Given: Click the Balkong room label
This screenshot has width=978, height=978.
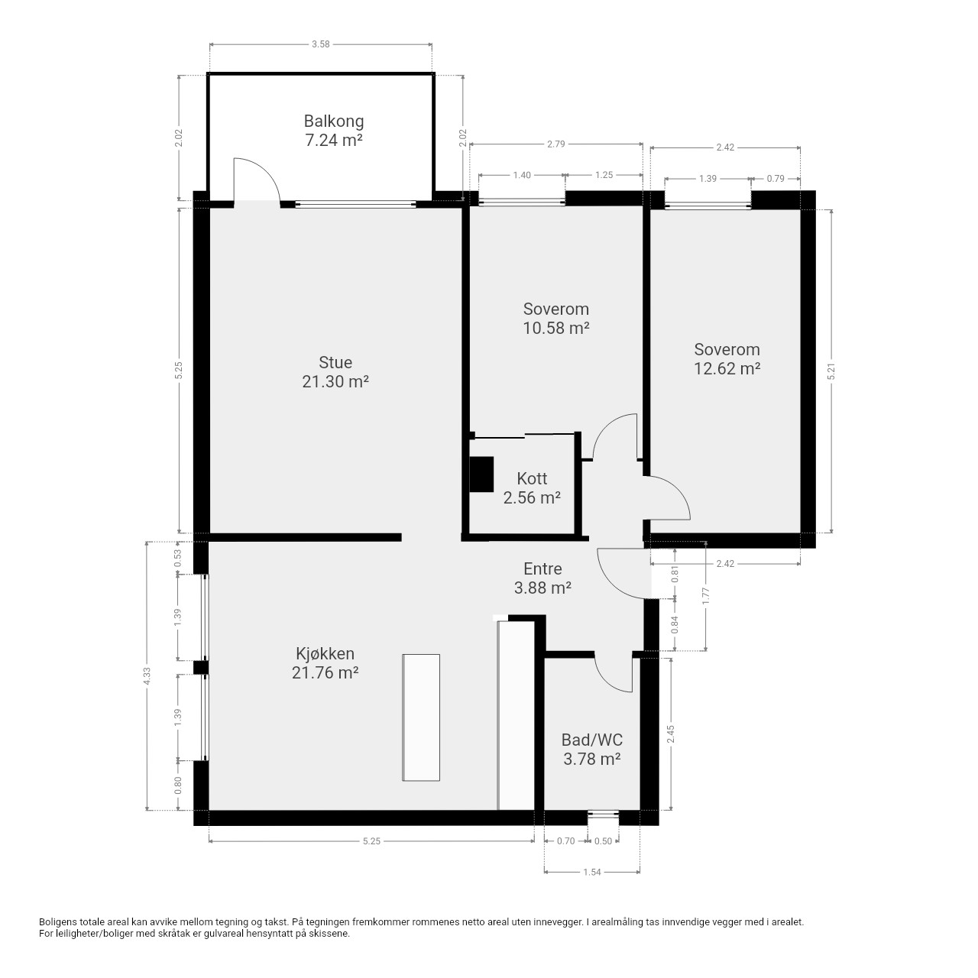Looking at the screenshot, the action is click(x=333, y=131).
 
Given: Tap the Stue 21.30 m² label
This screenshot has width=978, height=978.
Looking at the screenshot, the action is click(x=335, y=371).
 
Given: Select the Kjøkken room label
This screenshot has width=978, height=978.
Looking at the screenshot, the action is click(x=325, y=663).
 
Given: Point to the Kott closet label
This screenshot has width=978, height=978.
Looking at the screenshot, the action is click(x=531, y=487).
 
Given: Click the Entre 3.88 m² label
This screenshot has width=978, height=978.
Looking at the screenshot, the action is click(x=542, y=578).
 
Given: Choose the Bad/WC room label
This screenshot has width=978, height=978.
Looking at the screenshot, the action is click(x=592, y=749).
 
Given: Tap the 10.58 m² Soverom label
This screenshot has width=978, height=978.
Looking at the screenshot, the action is click(x=555, y=318).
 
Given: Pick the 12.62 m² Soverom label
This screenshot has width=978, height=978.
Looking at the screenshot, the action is click(x=727, y=359).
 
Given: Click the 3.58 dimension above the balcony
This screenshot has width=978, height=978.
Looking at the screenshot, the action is click(x=320, y=44).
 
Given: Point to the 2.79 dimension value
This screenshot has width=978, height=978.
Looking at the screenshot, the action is click(x=555, y=144).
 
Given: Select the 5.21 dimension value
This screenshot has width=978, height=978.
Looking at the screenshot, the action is click(x=831, y=372).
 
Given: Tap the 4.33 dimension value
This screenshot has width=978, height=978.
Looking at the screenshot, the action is click(x=147, y=675).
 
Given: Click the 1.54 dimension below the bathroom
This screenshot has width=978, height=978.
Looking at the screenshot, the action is click(x=592, y=872).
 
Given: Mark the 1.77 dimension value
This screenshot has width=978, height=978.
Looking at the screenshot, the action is click(x=705, y=596).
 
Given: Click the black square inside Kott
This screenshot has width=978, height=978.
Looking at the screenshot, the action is click(x=481, y=474).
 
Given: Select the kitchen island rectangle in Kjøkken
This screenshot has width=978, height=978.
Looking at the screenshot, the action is click(x=421, y=717).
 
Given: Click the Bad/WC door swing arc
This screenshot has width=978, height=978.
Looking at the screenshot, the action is click(x=607, y=681).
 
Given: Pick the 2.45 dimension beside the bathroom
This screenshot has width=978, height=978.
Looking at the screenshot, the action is click(x=670, y=733).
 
